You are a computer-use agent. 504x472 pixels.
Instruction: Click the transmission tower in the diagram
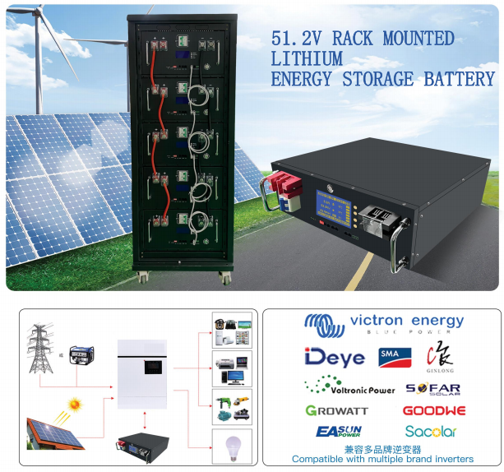pyautogui.click(x=39, y=345)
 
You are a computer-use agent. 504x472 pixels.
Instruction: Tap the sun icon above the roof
pyautogui.click(x=76, y=405)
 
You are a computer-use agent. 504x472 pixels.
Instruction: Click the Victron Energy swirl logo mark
pyautogui.click(x=324, y=323)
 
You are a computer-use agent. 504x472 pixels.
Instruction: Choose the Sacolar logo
pyautogui.click(x=431, y=432)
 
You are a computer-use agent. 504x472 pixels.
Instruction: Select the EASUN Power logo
pyautogui.click(x=338, y=432)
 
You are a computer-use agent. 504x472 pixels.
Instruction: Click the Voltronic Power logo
pyautogui.click(x=349, y=386)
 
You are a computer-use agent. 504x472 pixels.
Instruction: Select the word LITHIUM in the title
pyautogui.click(x=307, y=59)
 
